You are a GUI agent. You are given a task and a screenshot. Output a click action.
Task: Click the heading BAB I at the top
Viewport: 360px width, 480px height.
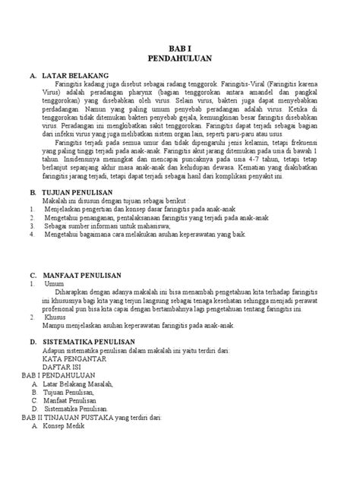[180, 47]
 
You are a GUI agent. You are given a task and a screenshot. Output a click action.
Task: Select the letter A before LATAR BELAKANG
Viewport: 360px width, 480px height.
[32, 77]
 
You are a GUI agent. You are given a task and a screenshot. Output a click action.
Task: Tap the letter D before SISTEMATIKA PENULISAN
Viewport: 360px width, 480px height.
[32, 342]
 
